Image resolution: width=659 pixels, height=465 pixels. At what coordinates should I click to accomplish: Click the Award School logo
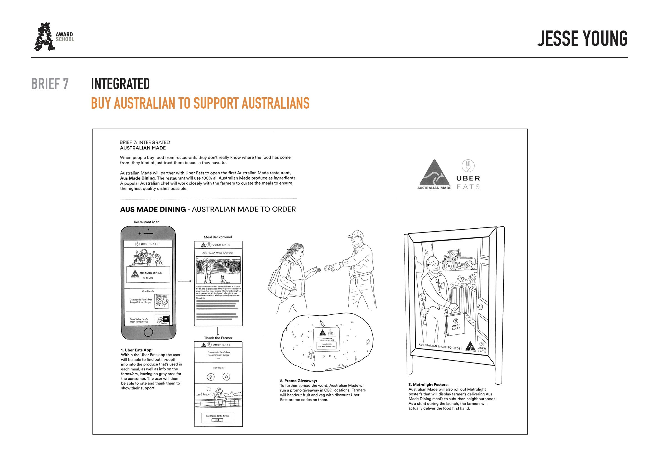point(54,37)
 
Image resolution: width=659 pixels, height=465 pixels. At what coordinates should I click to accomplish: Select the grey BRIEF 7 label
point(50,84)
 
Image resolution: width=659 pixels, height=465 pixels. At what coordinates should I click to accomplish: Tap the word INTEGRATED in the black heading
point(120,84)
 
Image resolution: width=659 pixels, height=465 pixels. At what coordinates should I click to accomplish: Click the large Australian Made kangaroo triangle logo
point(434,173)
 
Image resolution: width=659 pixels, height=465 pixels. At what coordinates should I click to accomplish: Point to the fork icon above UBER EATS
point(468,166)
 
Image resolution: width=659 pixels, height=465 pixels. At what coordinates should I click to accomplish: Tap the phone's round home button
point(148,332)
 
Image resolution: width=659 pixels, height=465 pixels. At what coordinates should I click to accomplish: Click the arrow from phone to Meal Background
point(185,281)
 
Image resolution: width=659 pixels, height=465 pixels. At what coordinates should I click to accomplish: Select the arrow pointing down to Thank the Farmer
point(218,331)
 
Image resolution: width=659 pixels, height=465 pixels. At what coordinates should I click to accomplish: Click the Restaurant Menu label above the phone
point(147,222)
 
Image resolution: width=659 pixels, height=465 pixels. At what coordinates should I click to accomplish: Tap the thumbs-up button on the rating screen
point(226,377)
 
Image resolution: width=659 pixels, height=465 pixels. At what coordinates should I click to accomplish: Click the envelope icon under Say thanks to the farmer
point(217,420)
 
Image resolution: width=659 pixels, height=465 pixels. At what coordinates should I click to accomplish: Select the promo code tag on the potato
point(327,339)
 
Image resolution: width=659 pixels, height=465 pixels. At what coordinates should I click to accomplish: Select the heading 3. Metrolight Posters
point(428,384)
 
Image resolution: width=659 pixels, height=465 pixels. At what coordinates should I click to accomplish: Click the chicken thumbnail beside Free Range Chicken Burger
point(162,301)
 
